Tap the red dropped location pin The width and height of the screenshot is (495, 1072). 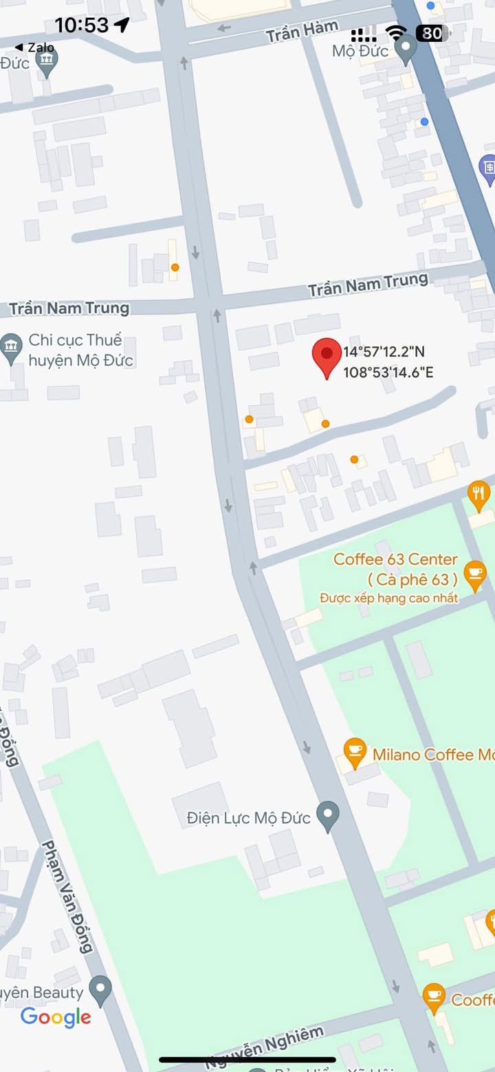click(327, 356)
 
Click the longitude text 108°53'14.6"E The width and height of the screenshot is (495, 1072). click(388, 373)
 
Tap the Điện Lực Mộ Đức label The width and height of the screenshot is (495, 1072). click(249, 818)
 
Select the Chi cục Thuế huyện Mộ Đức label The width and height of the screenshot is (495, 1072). click(80, 350)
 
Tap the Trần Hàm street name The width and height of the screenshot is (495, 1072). click(302, 31)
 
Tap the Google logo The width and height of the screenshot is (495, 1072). click(56, 1018)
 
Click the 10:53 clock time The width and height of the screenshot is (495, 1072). click(82, 25)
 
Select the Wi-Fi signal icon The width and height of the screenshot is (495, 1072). click(396, 32)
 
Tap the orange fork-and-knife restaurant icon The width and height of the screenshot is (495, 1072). click(478, 493)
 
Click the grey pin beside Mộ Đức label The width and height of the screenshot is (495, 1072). click(406, 49)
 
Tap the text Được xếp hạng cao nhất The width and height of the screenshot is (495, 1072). click(389, 598)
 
